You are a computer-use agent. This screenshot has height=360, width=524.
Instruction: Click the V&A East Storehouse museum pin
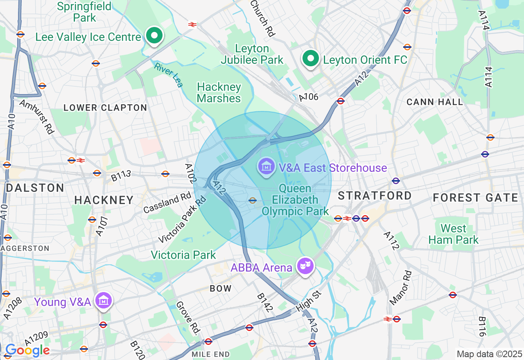click(x=267, y=166)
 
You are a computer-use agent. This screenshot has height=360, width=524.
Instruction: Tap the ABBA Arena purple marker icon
click(x=305, y=266)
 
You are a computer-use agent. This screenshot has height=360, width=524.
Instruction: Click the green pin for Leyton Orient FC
click(x=311, y=59)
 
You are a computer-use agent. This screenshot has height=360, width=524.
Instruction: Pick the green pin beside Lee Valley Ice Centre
click(x=154, y=36)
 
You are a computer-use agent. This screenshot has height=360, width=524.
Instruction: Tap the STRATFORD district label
click(x=375, y=196)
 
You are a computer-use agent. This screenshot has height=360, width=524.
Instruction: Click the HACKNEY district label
click(x=104, y=200)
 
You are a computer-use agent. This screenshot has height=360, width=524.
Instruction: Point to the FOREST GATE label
click(x=476, y=198)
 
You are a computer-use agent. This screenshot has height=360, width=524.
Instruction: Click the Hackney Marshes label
click(x=219, y=93)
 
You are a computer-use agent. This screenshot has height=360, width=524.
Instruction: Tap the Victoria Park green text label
click(x=183, y=255)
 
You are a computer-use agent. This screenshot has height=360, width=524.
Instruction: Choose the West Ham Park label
click(x=453, y=234)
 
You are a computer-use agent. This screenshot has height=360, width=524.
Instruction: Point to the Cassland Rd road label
click(x=167, y=203)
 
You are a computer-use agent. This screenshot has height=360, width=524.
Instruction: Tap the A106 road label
click(x=308, y=97)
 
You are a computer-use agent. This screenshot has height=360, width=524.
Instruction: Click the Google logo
click(x=27, y=350)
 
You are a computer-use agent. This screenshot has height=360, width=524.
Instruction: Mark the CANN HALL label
click(x=435, y=102)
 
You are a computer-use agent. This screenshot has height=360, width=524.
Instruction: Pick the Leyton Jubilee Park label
click(x=252, y=54)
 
